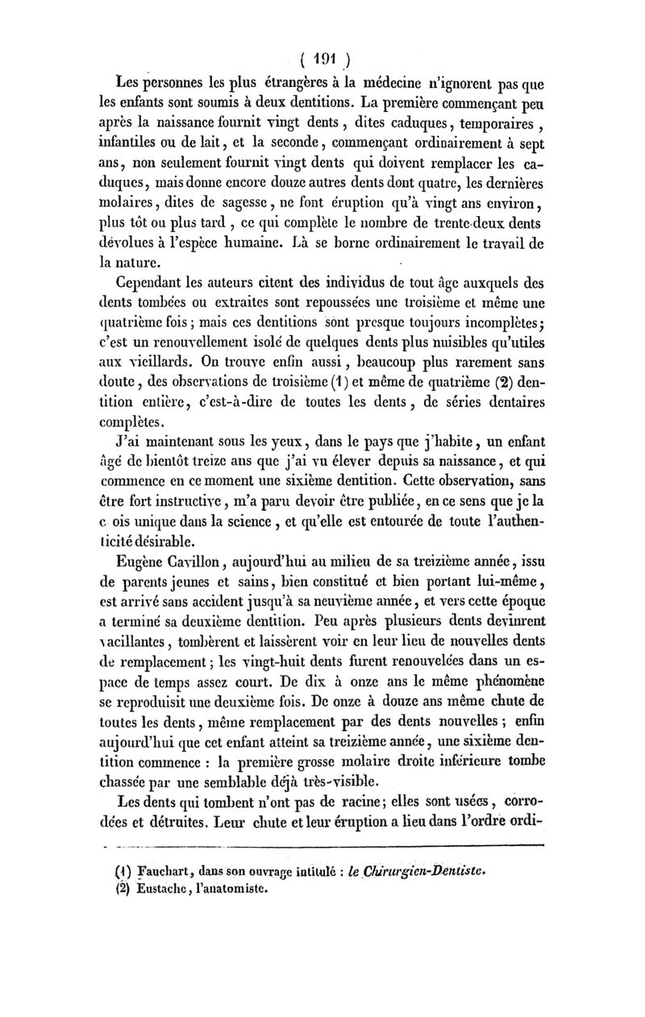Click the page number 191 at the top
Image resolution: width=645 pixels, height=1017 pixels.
click(323, 58)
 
